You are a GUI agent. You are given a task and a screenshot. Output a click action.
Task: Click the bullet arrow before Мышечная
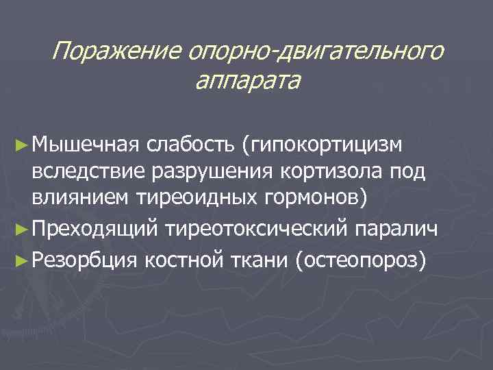click(x=23, y=145)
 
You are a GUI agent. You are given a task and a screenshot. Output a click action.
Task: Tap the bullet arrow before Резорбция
click(x=23, y=260)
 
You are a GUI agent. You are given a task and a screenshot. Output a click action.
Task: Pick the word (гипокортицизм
click(x=325, y=145)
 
